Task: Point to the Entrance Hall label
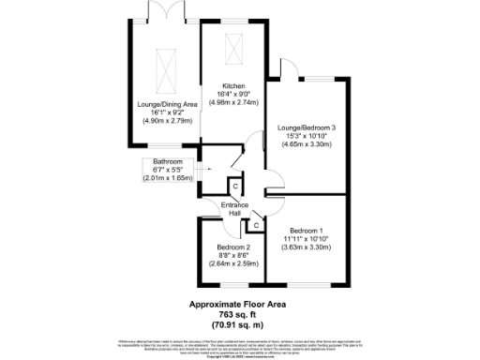pos(232,210)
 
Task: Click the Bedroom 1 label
pos(306,231)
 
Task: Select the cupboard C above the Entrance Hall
pos(234,186)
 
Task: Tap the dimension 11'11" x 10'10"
pos(306,239)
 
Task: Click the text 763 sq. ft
pos(239,313)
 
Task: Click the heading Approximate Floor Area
pos(239,304)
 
